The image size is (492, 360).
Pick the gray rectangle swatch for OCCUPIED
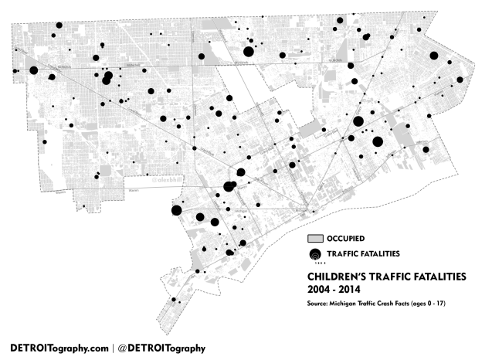(x=316, y=238)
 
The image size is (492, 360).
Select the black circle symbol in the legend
(x=315, y=254)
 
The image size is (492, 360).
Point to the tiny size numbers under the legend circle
(x=315, y=263)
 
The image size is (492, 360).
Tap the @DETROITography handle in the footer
(x=162, y=348)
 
